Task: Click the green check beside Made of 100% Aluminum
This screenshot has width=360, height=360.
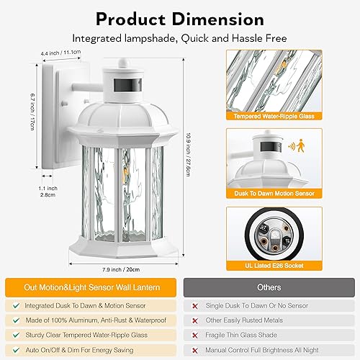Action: click(16, 319)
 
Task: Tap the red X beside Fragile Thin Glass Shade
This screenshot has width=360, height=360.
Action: click(194, 334)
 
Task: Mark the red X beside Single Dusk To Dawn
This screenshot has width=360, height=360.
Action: click(194, 305)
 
